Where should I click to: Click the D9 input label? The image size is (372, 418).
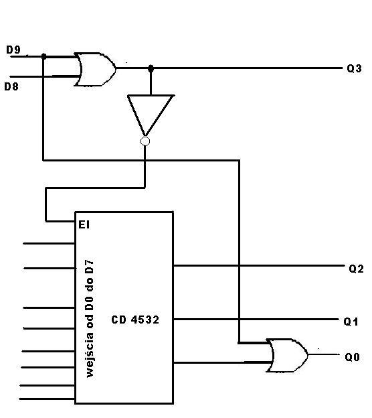point(13,50)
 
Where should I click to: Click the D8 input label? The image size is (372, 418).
point(11,86)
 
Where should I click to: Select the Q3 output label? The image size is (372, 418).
point(354,69)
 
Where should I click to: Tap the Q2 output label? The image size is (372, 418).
point(357,269)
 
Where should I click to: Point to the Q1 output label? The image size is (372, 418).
point(351,322)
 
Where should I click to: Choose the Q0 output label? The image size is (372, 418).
point(353,357)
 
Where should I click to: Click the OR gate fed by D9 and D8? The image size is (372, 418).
point(95,69)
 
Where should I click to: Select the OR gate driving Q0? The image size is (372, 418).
point(287,355)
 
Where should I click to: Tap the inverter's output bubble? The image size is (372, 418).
point(145,141)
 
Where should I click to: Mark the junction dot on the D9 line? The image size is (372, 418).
point(44,56)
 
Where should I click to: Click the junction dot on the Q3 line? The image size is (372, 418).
point(151,68)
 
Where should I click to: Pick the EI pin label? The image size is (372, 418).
point(84,224)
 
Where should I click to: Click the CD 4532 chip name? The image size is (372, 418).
point(135,320)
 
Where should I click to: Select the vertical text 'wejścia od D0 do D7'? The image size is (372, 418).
point(90,318)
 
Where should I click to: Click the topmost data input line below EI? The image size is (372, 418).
point(49,243)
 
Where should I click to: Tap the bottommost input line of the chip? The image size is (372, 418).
point(47,399)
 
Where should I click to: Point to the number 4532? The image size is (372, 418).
point(145,320)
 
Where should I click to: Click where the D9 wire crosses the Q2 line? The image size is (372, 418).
point(239,266)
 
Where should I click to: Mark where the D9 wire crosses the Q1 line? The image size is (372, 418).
point(239,319)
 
